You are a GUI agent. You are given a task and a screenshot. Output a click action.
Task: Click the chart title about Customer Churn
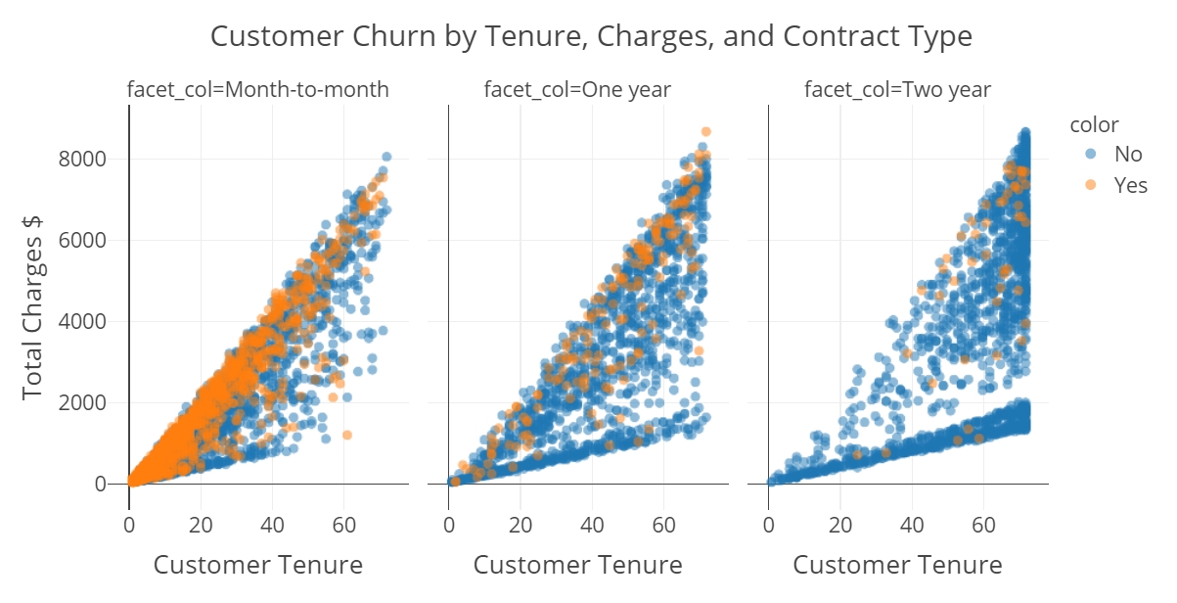pyautogui.click(x=591, y=37)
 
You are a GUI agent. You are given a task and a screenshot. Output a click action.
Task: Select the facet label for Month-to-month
pyautogui.click(x=258, y=90)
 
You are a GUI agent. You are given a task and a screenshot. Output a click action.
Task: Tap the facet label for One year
pyautogui.click(x=577, y=90)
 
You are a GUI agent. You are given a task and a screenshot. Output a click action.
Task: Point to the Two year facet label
pyautogui.click(x=897, y=90)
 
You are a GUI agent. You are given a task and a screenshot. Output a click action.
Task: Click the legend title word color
pyautogui.click(x=1094, y=124)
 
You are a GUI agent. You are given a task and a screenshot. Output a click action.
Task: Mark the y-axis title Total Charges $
pyautogui.click(x=33, y=303)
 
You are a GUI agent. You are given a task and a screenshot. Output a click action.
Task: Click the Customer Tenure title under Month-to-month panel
pyautogui.click(x=258, y=565)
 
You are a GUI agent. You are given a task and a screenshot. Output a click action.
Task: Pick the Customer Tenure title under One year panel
pyautogui.click(x=577, y=565)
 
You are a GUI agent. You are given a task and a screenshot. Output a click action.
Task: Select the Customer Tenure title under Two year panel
pyautogui.click(x=897, y=565)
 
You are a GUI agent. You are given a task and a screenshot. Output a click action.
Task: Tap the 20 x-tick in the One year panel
pyautogui.click(x=521, y=525)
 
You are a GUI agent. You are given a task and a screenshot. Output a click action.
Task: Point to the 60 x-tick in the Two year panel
pyautogui.click(x=983, y=525)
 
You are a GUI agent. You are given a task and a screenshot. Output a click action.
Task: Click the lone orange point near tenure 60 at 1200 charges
pyautogui.click(x=346, y=435)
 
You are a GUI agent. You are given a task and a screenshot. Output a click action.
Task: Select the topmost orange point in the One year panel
pyautogui.click(x=705, y=131)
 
